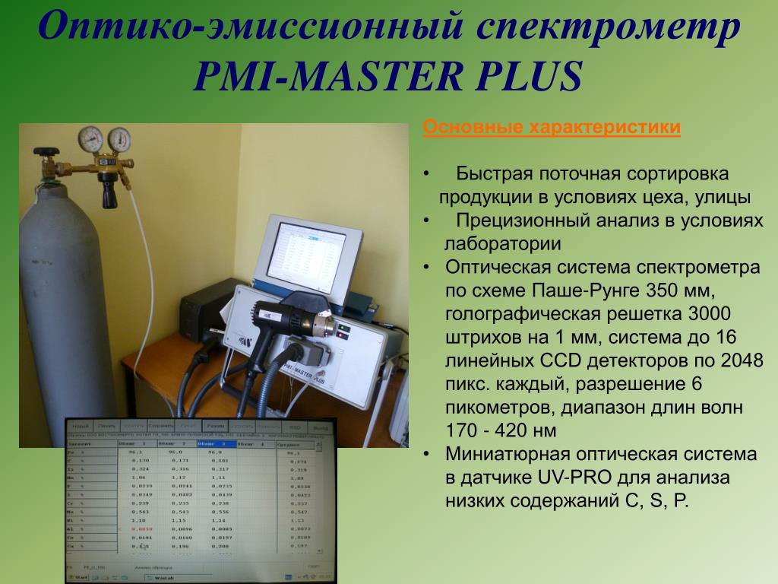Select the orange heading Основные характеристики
click(552, 127)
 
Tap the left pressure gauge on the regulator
click(92, 138)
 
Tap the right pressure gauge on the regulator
click(119, 139)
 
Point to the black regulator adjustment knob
click(111, 197)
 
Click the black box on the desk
click(205, 312)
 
